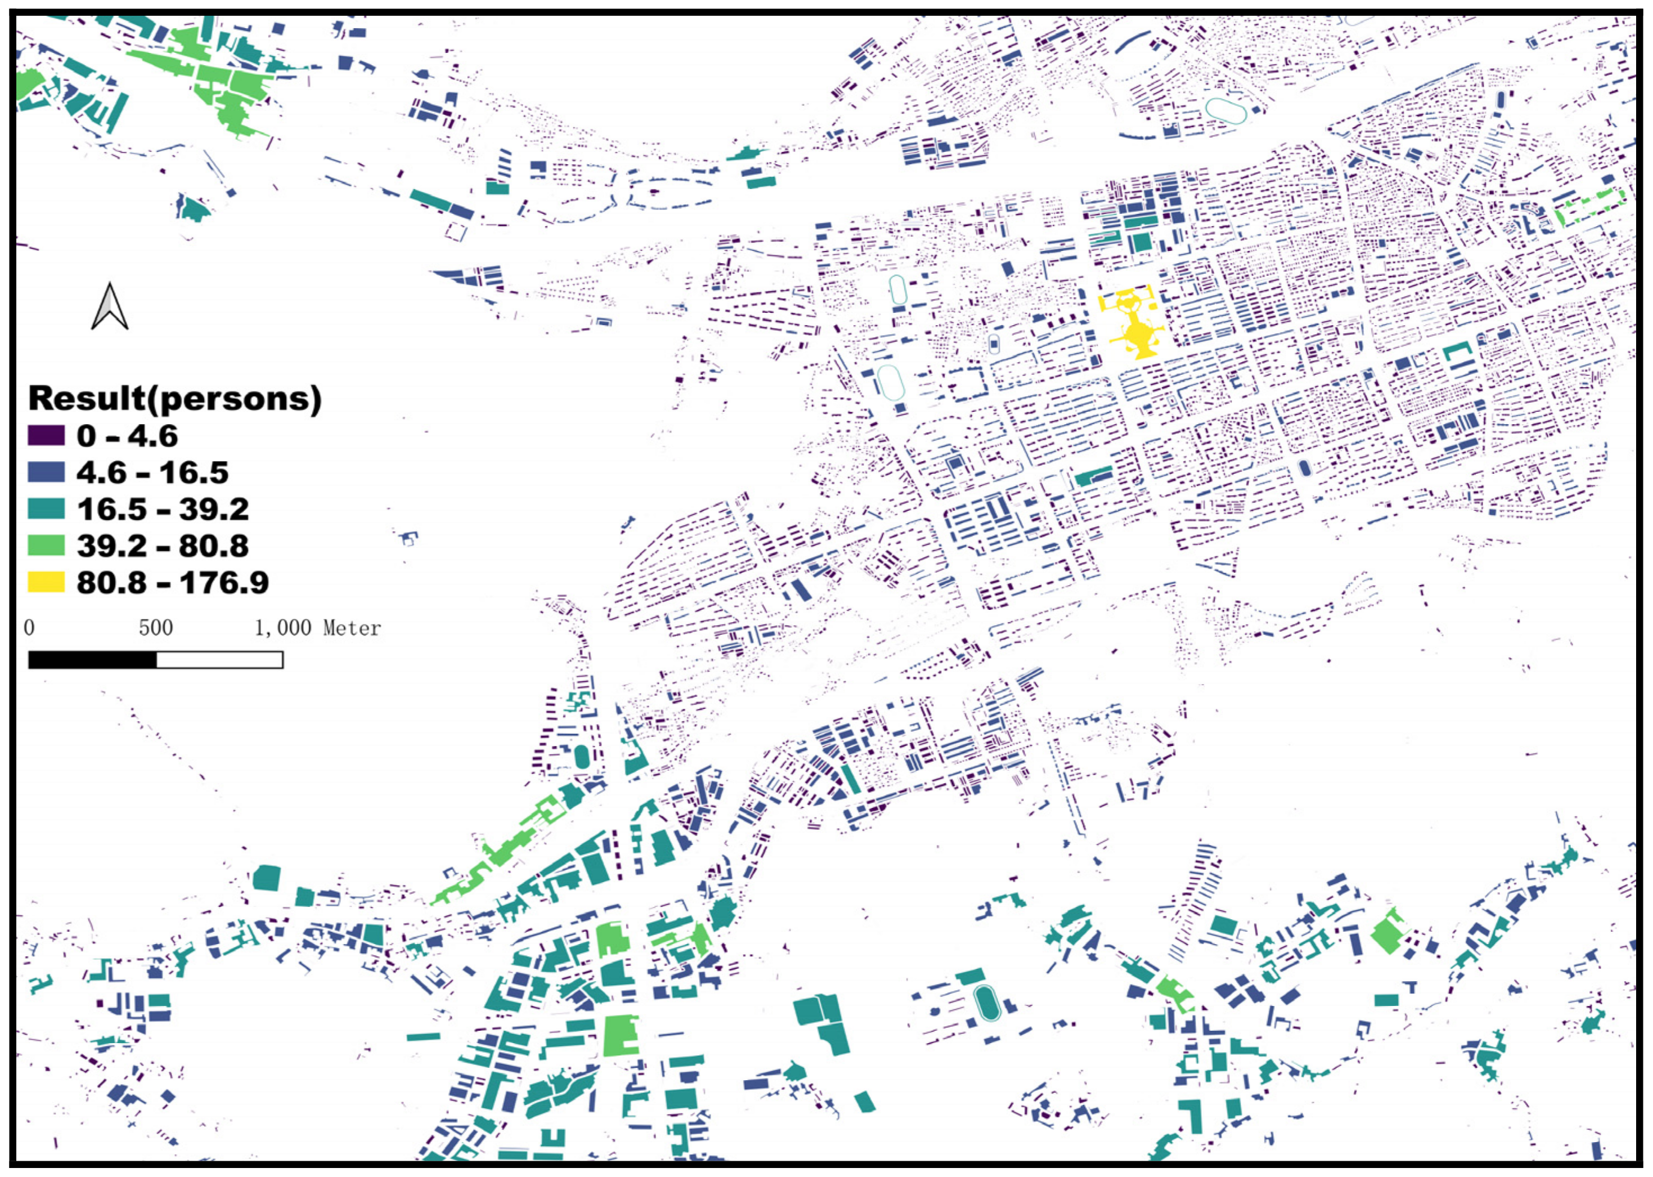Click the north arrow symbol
point(109,307)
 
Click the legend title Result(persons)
point(174,398)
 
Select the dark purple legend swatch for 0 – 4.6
point(46,435)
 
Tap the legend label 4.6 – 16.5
point(152,473)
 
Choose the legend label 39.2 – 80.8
point(163,546)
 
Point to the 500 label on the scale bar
point(156,628)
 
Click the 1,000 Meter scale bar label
point(317,628)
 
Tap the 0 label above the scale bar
point(29,628)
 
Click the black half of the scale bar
point(92,659)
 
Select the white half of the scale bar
point(219,659)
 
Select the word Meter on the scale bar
point(352,628)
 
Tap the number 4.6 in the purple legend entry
point(152,435)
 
